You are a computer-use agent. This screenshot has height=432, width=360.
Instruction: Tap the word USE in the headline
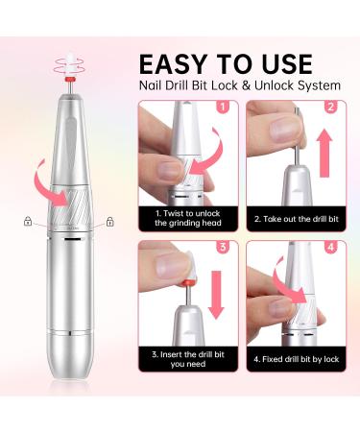tap(281, 64)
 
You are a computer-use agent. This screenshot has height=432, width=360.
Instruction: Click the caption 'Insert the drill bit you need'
tap(188, 359)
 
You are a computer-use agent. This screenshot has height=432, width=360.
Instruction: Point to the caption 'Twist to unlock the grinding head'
tap(188, 218)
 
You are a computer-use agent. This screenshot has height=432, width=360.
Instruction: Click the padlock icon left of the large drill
tap(28, 221)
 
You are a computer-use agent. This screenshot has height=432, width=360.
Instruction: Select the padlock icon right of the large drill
tap(109, 221)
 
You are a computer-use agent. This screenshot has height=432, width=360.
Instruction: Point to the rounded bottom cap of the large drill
tap(68, 378)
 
